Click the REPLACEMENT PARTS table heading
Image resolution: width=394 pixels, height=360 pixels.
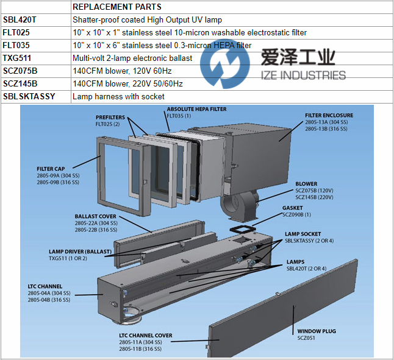click(116, 7)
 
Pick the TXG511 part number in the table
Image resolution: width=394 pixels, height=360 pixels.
click(16, 58)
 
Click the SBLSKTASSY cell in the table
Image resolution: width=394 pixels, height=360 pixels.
click(29, 96)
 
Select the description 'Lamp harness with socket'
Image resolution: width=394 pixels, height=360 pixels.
click(118, 96)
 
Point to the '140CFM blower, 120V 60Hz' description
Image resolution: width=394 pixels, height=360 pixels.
click(127, 71)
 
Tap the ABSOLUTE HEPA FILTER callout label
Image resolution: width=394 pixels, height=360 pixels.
click(196, 109)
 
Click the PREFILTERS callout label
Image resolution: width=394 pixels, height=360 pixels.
click(110, 117)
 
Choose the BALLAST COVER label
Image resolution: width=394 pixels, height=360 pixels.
click(95, 216)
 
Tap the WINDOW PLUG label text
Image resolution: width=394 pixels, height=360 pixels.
click(317, 331)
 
